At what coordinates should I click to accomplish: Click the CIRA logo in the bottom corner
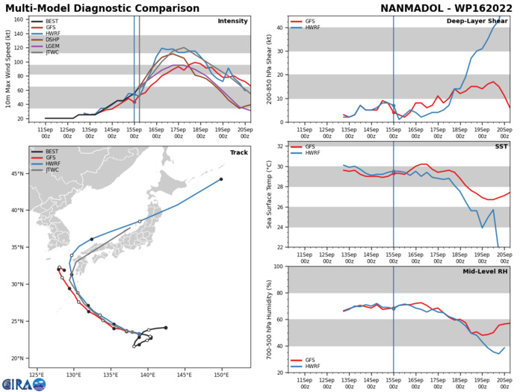(x=22, y=383)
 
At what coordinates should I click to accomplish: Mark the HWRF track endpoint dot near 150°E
(x=221, y=179)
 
